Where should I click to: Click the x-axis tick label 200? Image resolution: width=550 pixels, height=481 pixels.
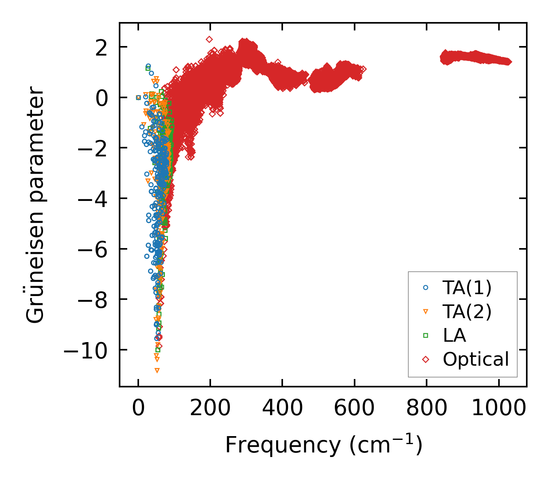tap(210, 408)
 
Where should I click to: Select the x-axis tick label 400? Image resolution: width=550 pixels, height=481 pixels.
tap(282, 408)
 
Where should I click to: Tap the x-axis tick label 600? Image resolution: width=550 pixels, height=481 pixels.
tap(354, 408)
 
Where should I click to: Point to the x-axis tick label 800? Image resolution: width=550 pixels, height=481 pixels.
tap(426, 408)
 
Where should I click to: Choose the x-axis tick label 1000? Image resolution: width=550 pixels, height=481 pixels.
tap(498, 408)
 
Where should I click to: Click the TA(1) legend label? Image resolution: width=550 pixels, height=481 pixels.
tap(467, 288)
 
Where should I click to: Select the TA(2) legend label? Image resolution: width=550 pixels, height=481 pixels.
tap(467, 312)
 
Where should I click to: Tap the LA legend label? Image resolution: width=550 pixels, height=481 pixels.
tap(454, 336)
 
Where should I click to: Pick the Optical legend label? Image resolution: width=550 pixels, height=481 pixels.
tap(476, 359)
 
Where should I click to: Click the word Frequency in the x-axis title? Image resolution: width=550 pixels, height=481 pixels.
tap(282, 444)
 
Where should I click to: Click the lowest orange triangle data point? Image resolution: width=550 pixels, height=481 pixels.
tap(157, 370)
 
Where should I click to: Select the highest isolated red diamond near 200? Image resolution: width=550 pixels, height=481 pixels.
tap(209, 39)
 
